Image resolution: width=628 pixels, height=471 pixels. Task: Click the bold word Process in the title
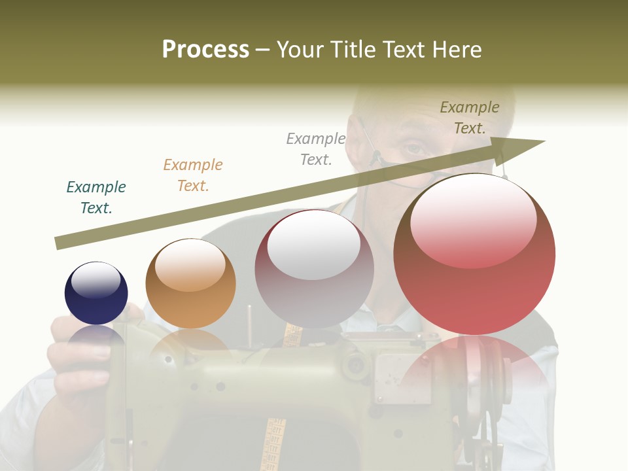205,49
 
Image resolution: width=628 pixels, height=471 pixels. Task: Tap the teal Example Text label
96,197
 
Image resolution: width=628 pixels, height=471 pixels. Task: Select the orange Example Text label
193,175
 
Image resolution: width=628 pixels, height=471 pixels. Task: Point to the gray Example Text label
316,148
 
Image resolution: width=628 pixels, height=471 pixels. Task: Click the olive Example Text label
470,118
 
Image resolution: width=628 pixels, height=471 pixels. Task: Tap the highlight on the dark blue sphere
96,280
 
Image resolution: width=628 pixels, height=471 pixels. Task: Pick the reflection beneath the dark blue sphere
96,337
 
